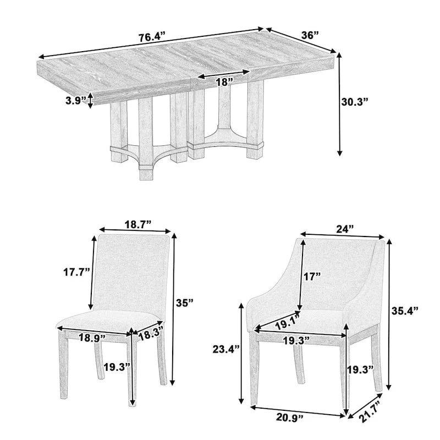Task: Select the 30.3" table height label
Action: pyautogui.click(x=354, y=102)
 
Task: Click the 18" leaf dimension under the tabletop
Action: pyautogui.click(x=223, y=81)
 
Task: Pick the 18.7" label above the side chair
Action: pyautogui.click(x=137, y=224)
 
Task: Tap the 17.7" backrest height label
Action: pyautogui.click(x=76, y=272)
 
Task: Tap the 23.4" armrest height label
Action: pyautogui.click(x=226, y=348)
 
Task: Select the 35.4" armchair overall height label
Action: pyautogui.click(x=405, y=310)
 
